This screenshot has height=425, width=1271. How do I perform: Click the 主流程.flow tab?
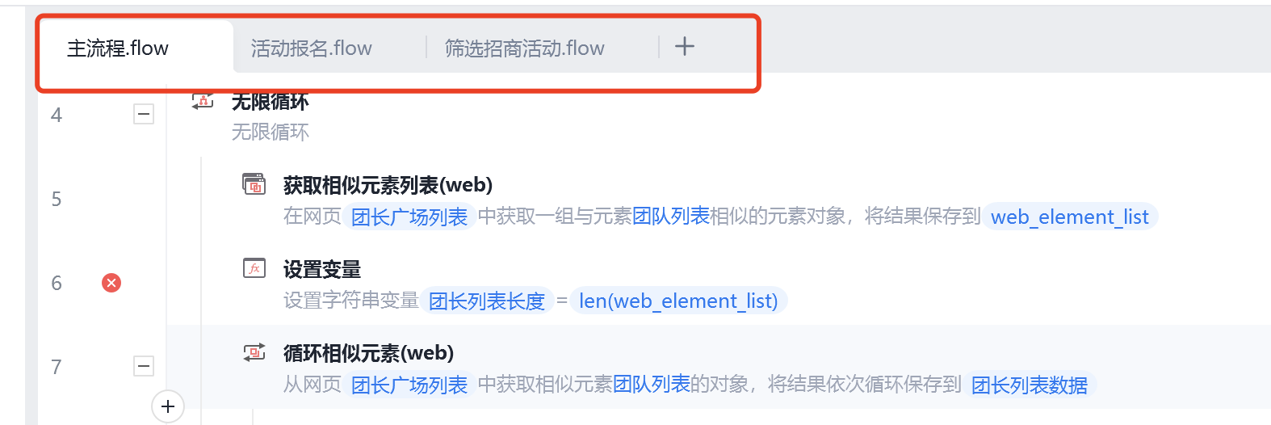coord(118,48)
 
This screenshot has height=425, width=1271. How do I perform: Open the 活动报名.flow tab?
coord(312,48)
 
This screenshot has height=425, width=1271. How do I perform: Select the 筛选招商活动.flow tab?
coord(525,48)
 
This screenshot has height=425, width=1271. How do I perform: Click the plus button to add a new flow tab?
coord(685,47)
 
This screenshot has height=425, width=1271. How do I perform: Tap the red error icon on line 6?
coord(111,283)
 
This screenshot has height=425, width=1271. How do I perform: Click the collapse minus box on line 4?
coord(144,114)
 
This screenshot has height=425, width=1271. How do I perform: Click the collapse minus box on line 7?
coord(144,366)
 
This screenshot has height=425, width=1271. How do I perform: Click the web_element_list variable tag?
coord(1069,217)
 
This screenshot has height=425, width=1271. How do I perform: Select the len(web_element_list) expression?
coord(678,301)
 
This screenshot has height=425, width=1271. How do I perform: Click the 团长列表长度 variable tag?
coord(487,301)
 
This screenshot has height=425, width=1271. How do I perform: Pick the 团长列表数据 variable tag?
coord(1030,385)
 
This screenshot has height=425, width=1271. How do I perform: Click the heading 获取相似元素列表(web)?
coord(388,185)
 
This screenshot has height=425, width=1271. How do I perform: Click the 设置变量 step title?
coord(322,269)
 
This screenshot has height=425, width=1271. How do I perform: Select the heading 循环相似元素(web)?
coord(368,353)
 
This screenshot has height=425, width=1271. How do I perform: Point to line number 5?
coord(57,199)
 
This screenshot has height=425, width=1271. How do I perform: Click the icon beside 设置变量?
coord(254,268)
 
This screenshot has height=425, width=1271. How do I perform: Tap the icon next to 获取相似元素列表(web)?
coord(254,184)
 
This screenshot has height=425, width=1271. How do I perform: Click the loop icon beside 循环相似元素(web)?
coord(254,352)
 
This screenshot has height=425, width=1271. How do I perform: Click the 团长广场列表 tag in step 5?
coord(409,217)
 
